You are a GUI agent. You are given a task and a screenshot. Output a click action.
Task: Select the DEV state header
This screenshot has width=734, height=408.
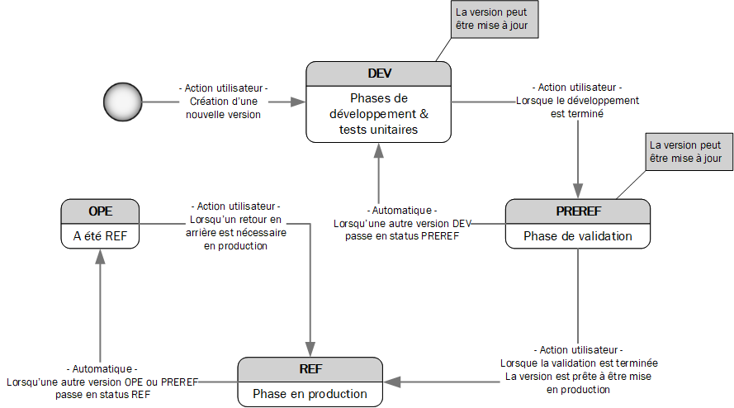378,74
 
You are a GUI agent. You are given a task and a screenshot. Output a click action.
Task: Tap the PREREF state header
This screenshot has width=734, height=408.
577,211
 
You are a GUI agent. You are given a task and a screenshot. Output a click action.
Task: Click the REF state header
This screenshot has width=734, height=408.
310,369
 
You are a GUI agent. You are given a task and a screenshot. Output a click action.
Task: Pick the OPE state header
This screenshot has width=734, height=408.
100,211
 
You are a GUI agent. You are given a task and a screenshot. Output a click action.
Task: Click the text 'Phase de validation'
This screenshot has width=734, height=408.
577,236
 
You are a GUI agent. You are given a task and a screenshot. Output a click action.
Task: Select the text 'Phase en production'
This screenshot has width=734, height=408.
310,394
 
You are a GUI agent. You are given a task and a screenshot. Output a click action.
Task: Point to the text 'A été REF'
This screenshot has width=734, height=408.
100,236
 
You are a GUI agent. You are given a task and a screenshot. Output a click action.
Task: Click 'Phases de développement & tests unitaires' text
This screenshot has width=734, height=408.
378,114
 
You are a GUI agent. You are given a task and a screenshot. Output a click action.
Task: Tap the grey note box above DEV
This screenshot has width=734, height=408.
496,19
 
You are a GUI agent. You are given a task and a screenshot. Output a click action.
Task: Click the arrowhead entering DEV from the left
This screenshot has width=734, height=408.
299,102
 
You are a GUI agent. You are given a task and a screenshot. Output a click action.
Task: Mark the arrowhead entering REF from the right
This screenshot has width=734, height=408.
391,382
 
